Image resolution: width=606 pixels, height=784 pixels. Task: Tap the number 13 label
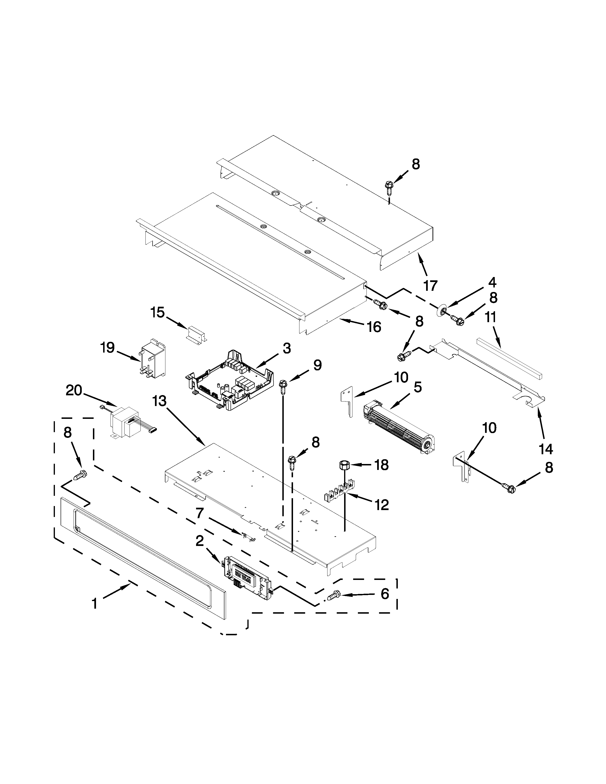tap(159, 401)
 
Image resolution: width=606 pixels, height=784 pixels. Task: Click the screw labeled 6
tap(333, 596)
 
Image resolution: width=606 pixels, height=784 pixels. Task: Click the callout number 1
tap(94, 604)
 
